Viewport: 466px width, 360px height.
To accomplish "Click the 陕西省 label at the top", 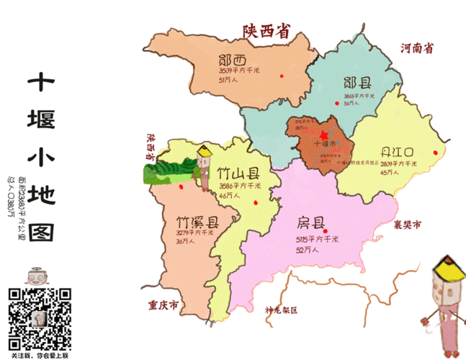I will tap(266, 32).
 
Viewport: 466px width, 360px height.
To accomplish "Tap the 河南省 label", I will tap(417, 49).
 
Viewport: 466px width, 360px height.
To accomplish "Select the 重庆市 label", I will tap(164, 305).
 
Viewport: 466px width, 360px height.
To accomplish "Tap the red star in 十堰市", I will tap(324, 136).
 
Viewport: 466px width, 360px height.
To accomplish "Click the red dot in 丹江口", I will tap(434, 152).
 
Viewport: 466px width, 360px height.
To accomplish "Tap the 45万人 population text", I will tap(390, 173).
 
